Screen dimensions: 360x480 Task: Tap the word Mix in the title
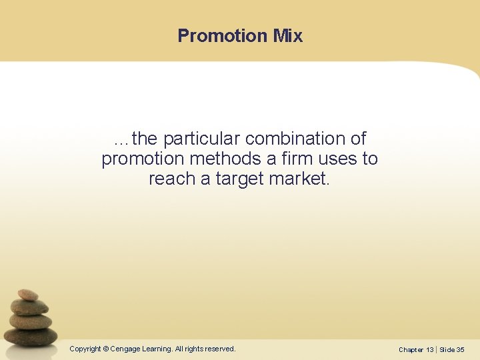(x=287, y=36)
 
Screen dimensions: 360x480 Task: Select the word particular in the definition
(x=201, y=139)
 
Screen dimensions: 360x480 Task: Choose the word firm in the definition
(x=287, y=159)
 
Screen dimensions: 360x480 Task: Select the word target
(x=239, y=179)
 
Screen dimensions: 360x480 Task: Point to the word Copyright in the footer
(x=85, y=349)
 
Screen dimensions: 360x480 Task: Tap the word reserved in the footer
(x=220, y=349)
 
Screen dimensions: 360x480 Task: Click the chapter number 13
(x=429, y=349)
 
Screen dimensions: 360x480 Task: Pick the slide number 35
(x=460, y=349)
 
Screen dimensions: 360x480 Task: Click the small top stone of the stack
(x=27, y=295)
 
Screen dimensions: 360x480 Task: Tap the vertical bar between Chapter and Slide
(x=437, y=349)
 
